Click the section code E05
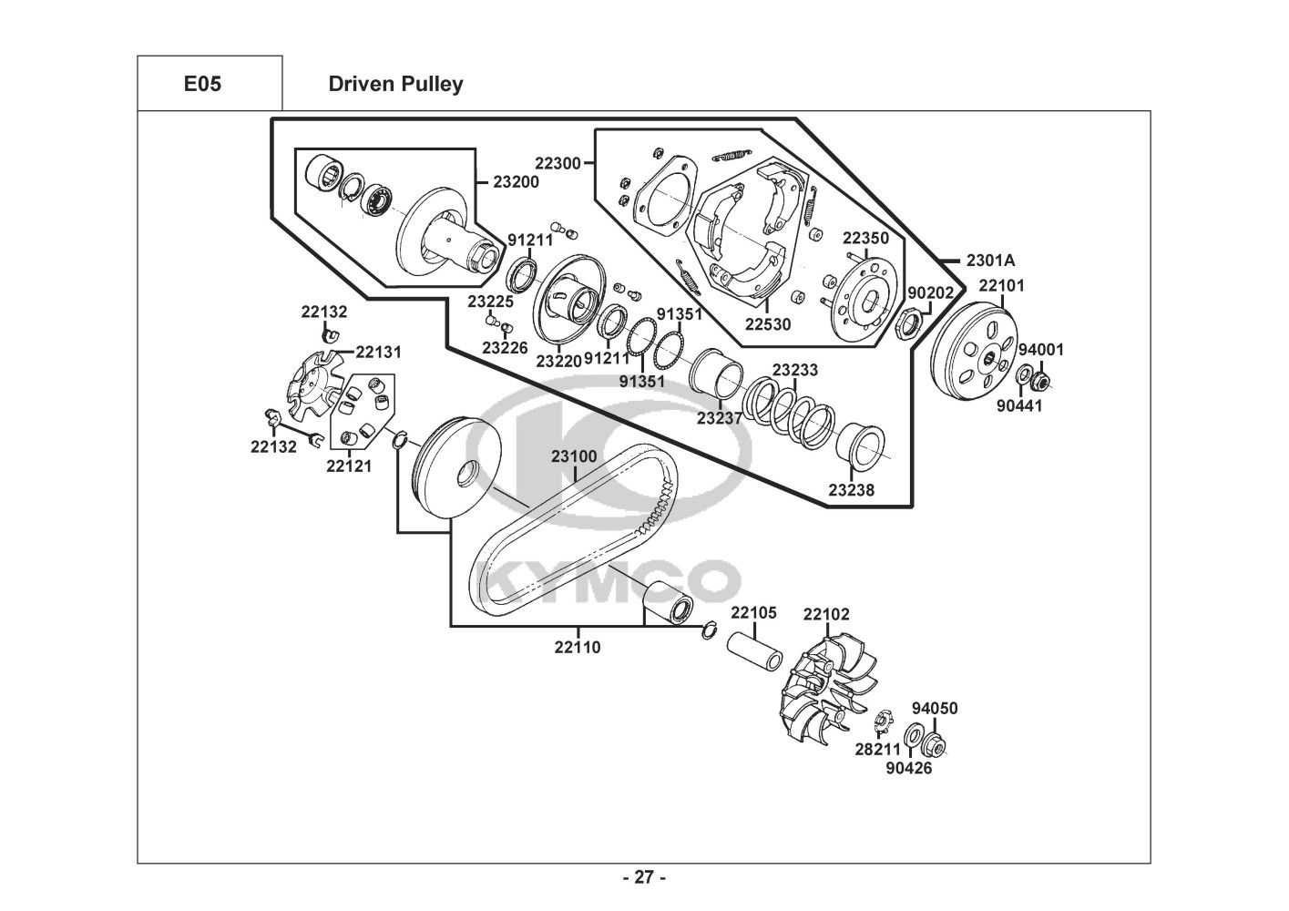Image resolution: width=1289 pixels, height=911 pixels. pos(202,84)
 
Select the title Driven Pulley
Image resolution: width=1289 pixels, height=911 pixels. pos(395,84)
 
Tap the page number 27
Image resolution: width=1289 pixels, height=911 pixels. pos(645,877)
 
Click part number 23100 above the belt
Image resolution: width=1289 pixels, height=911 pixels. pos(574,456)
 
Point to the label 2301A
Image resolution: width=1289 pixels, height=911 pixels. pos(990,261)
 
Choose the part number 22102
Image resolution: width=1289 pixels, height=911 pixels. pos(826,615)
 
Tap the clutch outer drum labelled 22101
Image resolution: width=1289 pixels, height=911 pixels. pos(974,349)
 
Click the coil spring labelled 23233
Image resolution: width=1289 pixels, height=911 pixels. pos(788,413)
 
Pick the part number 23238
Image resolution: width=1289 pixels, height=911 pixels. pos(851,490)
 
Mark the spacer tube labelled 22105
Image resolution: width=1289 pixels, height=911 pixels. pos(754,652)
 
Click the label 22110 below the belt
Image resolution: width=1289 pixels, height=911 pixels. pos(578,648)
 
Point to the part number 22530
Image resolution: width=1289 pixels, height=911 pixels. pos(768,324)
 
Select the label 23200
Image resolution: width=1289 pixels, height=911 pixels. pos(517,182)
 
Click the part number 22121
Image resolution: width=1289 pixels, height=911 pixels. pos(349,466)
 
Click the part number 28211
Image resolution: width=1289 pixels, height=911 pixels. pos(877,749)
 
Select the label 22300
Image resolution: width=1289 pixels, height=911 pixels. pos(558,163)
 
